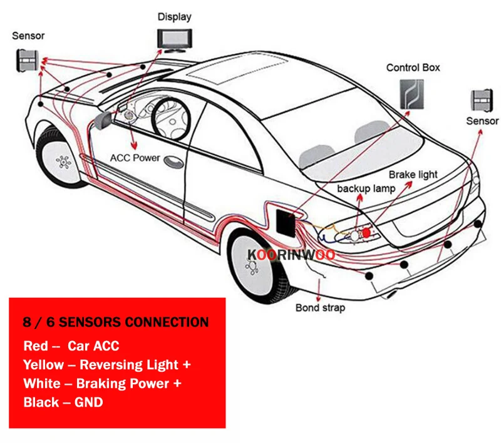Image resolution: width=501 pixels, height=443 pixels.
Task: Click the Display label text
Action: click(x=174, y=17)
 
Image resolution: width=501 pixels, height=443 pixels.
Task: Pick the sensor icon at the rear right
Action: click(x=483, y=99)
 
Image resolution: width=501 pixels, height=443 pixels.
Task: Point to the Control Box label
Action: click(x=413, y=68)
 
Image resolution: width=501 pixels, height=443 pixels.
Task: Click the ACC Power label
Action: click(x=135, y=158)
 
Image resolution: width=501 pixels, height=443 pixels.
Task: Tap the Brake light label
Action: click(x=413, y=175)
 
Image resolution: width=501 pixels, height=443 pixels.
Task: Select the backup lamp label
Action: click(x=366, y=188)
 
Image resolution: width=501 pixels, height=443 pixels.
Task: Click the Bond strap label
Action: click(x=319, y=307)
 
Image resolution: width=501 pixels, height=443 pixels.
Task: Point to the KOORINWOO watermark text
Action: click(x=291, y=255)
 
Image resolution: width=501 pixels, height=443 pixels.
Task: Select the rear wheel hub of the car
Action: click(x=252, y=265)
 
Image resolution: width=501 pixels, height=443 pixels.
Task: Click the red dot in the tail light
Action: click(x=366, y=232)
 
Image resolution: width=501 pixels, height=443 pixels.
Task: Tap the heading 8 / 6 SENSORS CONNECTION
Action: click(x=116, y=323)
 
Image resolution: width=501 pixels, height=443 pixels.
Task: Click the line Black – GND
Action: click(x=63, y=402)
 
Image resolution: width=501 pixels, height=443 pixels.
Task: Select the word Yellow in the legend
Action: click(x=43, y=364)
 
